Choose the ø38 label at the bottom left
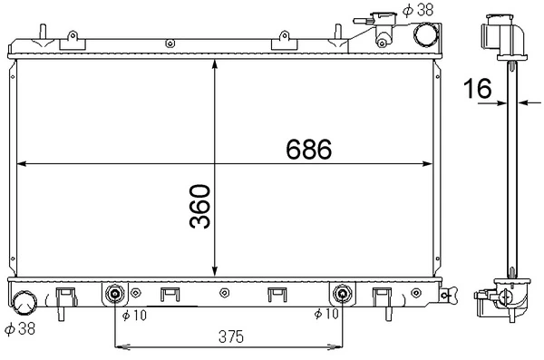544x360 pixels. [19, 327]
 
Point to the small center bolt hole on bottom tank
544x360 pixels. [223, 293]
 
